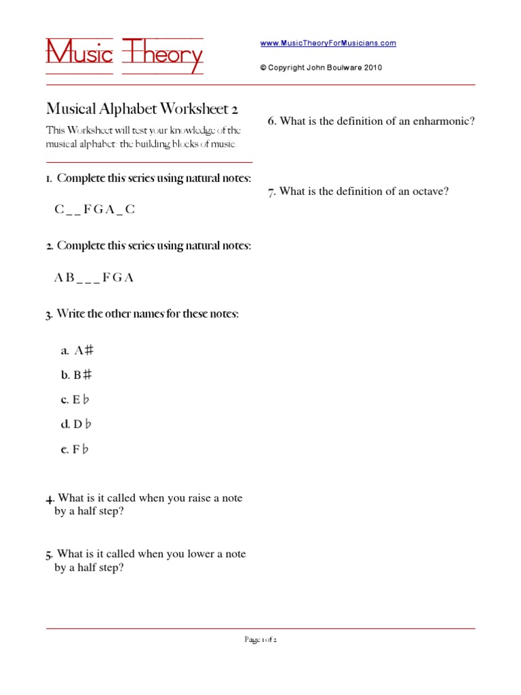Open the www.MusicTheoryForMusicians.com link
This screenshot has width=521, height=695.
328,43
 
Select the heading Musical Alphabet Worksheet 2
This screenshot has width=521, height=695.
142,109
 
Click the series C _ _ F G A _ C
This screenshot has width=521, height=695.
94,210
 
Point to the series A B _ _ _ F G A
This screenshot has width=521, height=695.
94,278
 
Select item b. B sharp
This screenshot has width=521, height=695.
76,375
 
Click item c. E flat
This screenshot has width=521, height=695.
75,400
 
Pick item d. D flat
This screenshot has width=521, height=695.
76,425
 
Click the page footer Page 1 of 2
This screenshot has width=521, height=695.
260,639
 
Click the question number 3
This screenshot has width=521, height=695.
49,315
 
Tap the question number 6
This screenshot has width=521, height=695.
271,121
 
